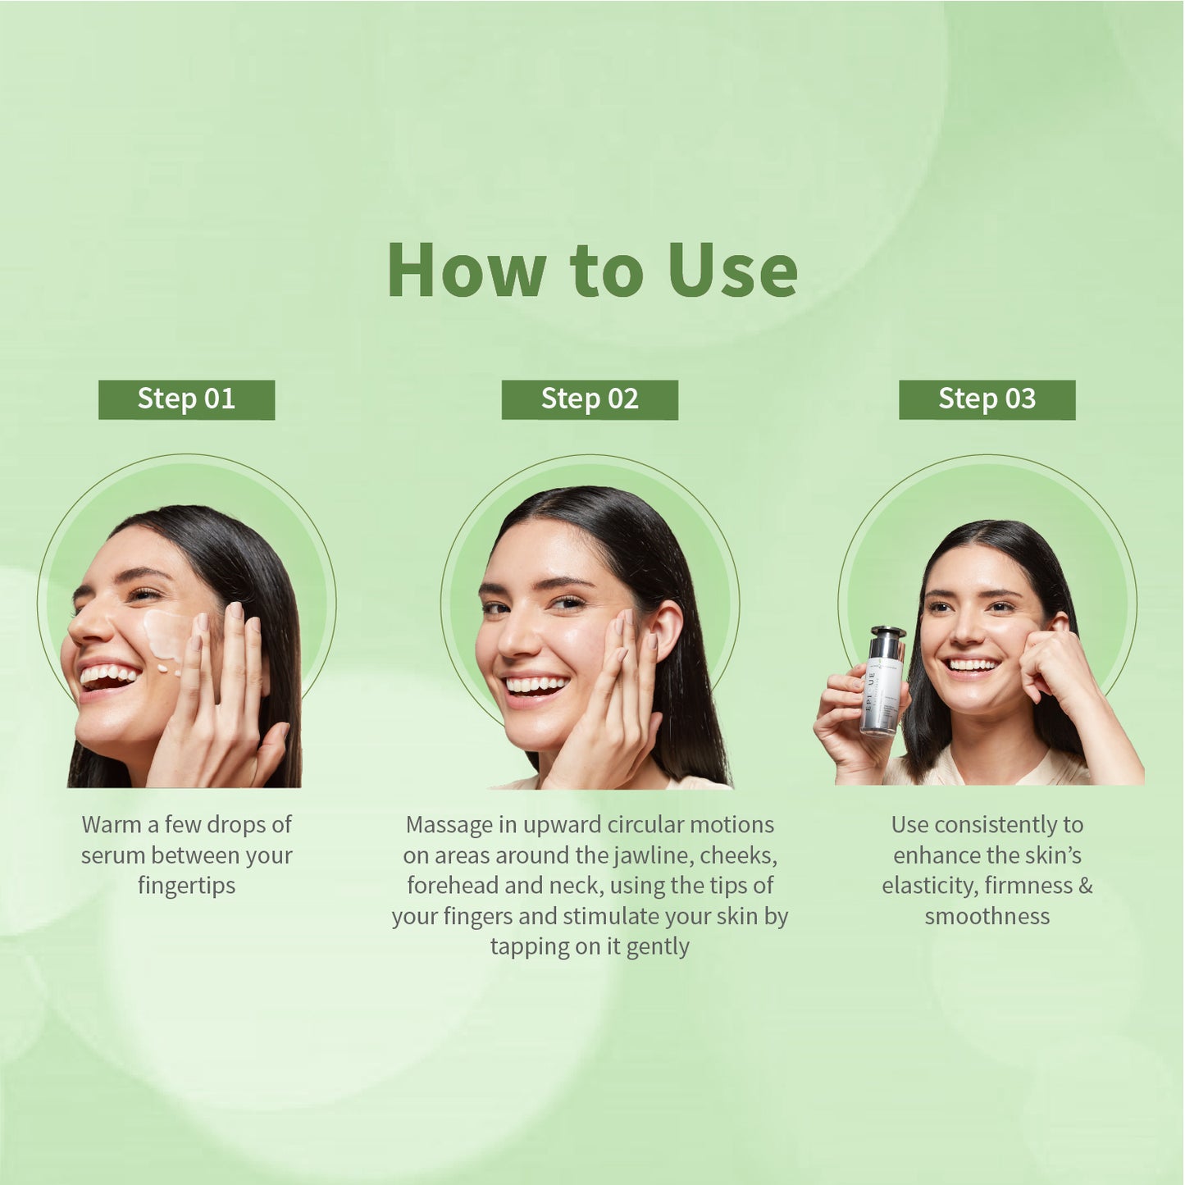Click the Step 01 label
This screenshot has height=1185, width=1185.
pyautogui.click(x=186, y=399)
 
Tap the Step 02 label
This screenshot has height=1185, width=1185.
pyautogui.click(x=590, y=399)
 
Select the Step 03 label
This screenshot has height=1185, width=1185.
pyautogui.click(x=987, y=399)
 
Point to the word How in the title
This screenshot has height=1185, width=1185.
pyautogui.click(x=467, y=271)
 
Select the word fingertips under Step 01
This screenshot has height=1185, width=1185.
pyautogui.click(x=186, y=886)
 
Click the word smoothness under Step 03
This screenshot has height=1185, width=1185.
pyautogui.click(x=987, y=916)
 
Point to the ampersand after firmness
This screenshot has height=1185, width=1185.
pyautogui.click(x=1086, y=886)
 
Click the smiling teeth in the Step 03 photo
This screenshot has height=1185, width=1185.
pyautogui.click(x=972, y=665)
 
